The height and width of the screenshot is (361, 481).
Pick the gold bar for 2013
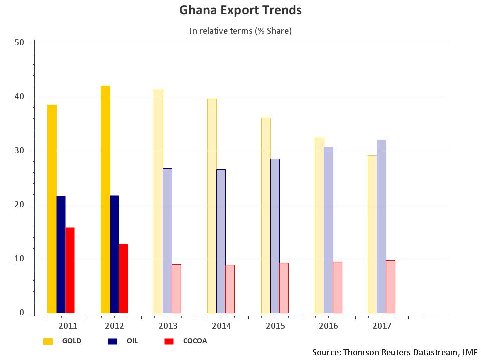tap(158, 201)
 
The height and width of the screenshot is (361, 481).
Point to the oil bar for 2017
tap(381, 226)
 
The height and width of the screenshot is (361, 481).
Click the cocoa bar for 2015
tap(284, 288)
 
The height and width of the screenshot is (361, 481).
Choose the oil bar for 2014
tap(221, 241)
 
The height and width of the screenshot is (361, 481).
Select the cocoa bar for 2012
tap(123, 278)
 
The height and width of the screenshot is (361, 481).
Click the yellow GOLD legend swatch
tap(48, 341)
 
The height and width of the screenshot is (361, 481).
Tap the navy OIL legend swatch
tap(113, 341)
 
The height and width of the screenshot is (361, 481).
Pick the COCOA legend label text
tap(195, 341)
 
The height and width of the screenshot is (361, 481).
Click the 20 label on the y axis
tap(20, 205)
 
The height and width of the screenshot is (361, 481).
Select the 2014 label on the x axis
tap(221, 326)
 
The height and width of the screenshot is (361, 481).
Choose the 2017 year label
tap(382, 326)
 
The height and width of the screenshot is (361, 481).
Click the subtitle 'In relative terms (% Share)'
tap(241, 31)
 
